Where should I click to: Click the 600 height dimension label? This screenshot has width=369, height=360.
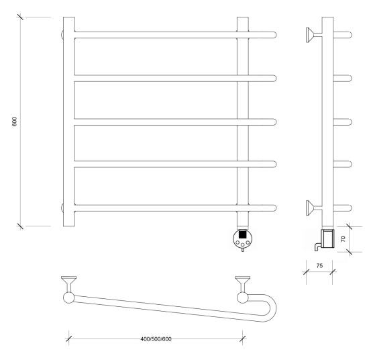[x=15, y=122]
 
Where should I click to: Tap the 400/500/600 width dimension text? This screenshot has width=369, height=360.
[x=156, y=339]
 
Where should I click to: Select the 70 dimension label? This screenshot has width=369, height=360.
[x=343, y=239]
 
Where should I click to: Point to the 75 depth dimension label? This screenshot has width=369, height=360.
[x=319, y=265]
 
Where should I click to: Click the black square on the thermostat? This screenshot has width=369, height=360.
[x=242, y=234]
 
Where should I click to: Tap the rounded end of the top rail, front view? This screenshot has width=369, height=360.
[x=274, y=35]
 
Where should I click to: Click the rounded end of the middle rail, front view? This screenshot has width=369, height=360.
[x=274, y=122]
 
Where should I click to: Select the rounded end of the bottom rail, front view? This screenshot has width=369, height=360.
[x=274, y=208]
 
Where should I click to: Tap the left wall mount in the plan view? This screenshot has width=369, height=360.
[x=68, y=283]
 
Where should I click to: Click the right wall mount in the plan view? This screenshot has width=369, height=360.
[x=243, y=283]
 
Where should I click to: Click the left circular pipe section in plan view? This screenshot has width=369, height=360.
[x=69, y=298]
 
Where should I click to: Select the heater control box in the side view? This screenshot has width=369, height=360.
[x=327, y=238]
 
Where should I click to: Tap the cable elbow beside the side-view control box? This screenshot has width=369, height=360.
[x=317, y=246]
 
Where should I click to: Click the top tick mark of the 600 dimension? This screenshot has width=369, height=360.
[x=20, y=17]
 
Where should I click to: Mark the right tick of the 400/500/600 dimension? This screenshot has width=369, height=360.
[x=243, y=339]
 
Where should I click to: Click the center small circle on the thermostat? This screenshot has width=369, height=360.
[x=243, y=244]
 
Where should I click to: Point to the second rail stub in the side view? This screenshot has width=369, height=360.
[x=342, y=78]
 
